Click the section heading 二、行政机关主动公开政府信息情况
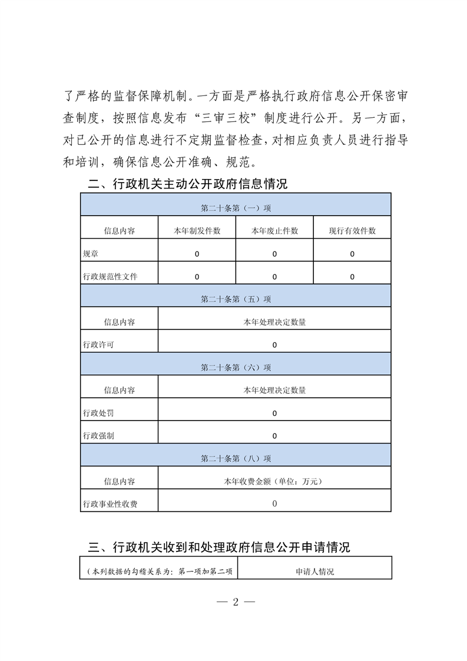[x=188, y=184]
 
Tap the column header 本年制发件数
[x=197, y=231]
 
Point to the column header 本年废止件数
[x=274, y=231]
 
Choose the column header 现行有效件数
[x=352, y=231]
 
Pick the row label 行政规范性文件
[x=110, y=276]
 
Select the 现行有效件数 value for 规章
[x=352, y=254]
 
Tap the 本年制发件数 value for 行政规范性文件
[x=197, y=276]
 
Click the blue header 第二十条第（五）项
[x=236, y=299]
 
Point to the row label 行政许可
[x=98, y=345]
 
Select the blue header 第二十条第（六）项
[x=236, y=368]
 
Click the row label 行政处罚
[x=98, y=413]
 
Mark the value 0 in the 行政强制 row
[x=274, y=436]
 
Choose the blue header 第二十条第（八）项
[x=236, y=458]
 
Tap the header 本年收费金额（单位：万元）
[x=274, y=481]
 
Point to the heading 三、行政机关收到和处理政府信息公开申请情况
[x=219, y=547]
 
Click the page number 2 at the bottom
[x=235, y=602]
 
